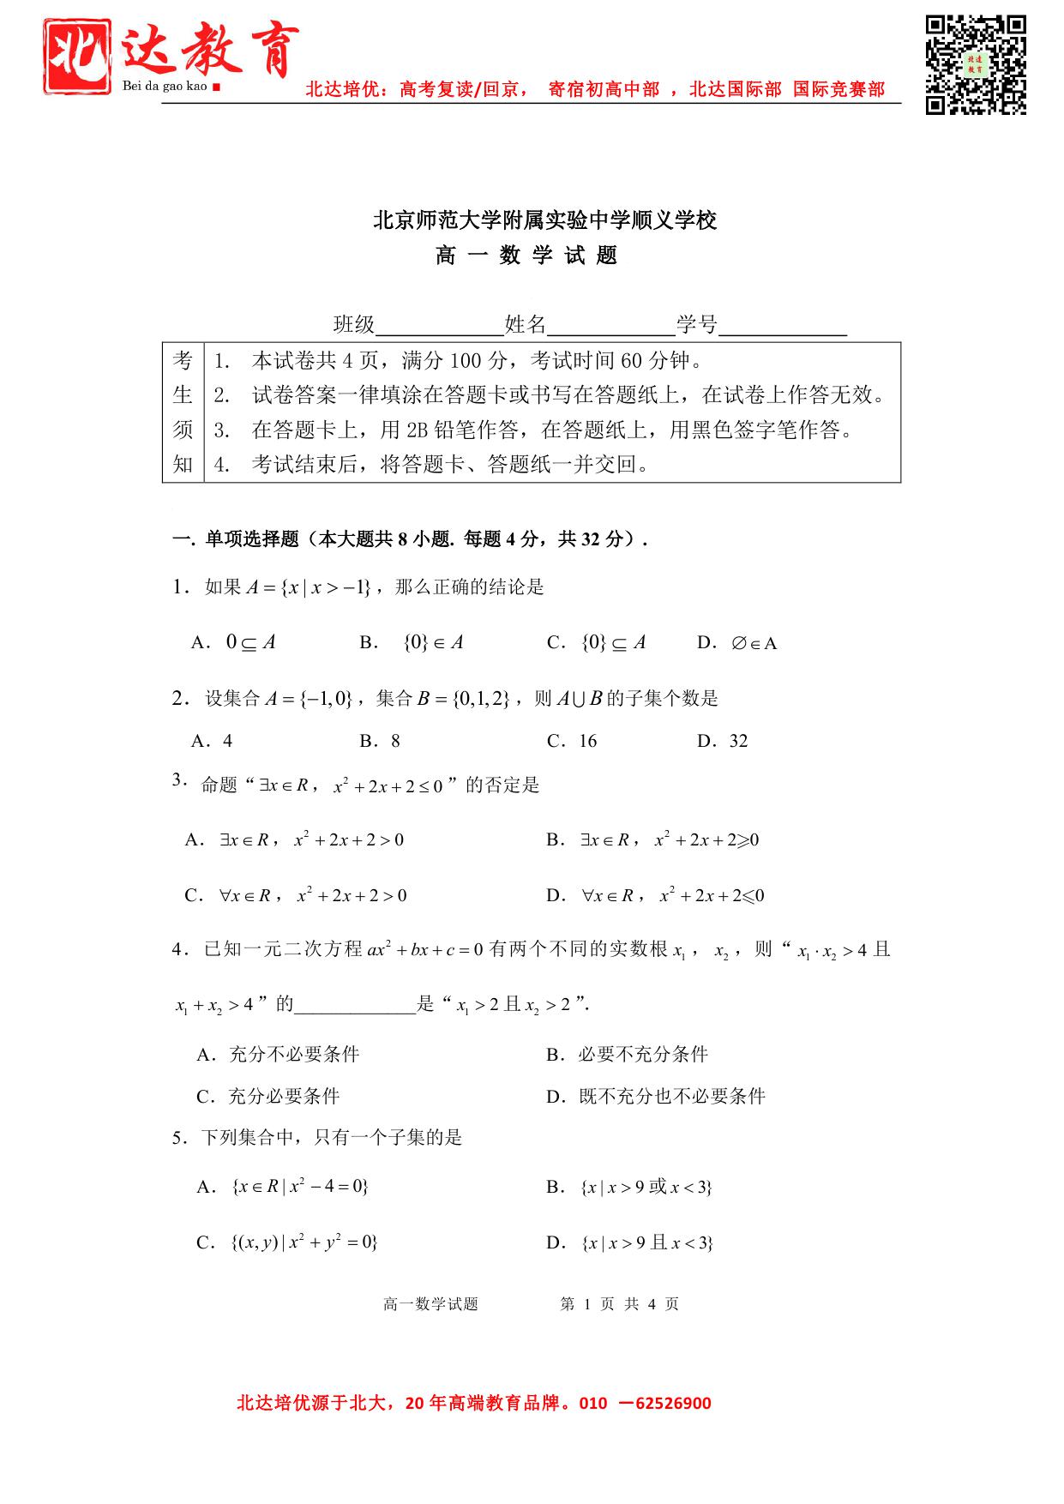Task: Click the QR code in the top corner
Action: (976, 64)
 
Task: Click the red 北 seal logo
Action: (78, 57)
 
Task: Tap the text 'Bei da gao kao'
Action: (165, 87)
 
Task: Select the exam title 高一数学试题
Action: (526, 256)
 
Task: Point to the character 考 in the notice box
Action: (183, 360)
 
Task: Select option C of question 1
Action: (597, 642)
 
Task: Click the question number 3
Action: (178, 779)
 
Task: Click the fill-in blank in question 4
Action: (355, 1005)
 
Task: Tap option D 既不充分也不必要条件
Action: (657, 1096)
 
